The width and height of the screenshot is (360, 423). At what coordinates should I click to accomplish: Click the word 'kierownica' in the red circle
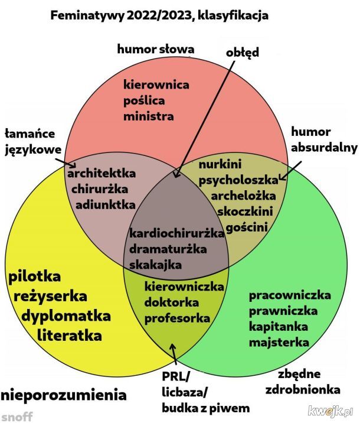tap(156, 84)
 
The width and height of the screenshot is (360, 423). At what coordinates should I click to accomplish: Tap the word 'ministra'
tap(148, 116)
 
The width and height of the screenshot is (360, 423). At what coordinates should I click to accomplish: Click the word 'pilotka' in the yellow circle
tap(35, 276)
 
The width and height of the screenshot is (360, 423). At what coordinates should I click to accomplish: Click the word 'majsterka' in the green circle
tap(279, 342)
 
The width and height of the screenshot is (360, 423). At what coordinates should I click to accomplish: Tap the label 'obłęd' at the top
tap(242, 52)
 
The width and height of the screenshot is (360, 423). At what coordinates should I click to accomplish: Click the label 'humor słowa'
tap(155, 48)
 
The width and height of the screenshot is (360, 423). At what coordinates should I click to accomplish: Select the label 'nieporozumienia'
tap(63, 393)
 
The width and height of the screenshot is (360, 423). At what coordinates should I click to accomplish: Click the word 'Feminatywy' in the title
tap(85, 16)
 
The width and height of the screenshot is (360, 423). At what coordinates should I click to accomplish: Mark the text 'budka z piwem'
tap(205, 408)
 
